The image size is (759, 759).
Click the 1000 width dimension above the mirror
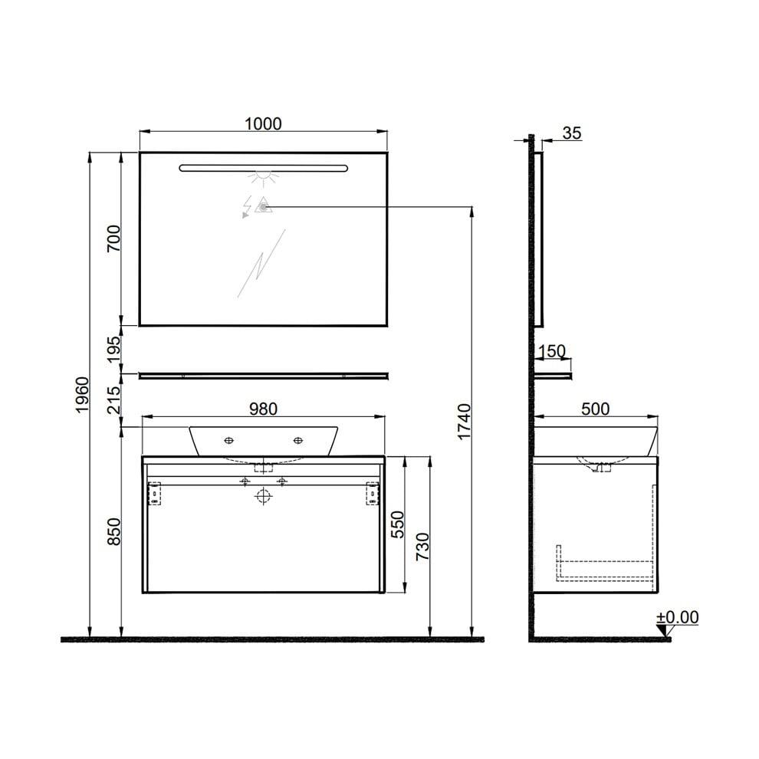(x=263, y=123)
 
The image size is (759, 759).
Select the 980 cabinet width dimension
(x=263, y=409)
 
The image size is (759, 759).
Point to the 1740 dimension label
(x=463, y=422)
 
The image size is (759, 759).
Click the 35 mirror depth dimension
(x=572, y=133)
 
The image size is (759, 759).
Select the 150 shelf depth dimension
(x=552, y=351)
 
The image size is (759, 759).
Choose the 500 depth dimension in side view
(x=595, y=409)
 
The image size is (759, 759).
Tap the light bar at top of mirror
(x=263, y=167)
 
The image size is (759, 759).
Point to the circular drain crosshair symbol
(x=263, y=496)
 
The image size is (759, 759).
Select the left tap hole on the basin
(x=228, y=440)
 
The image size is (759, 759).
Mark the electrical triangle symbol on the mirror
(x=263, y=205)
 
